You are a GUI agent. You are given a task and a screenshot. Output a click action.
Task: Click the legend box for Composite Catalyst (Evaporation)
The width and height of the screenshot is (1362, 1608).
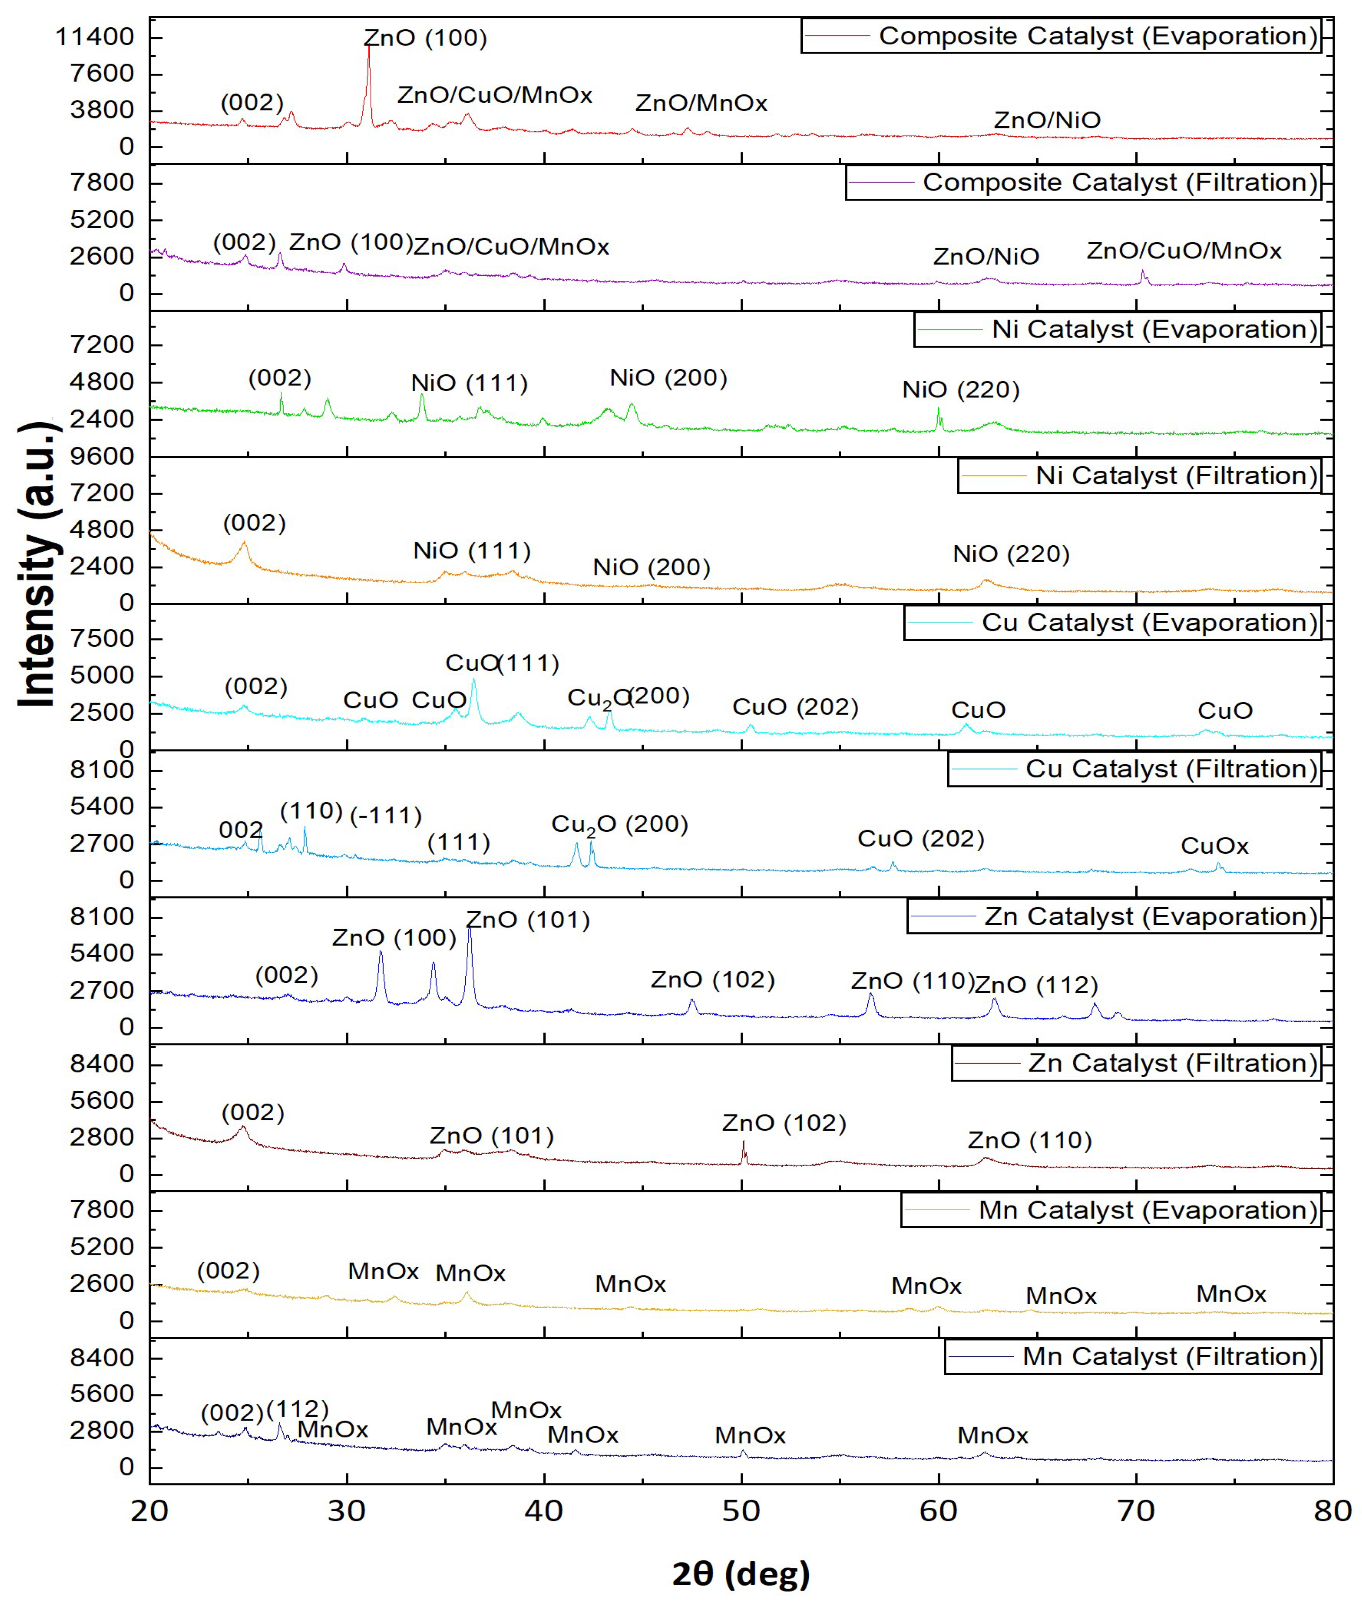point(1060,36)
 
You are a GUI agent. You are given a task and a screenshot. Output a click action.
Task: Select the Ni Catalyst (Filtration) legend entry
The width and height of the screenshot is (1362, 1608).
point(1140,476)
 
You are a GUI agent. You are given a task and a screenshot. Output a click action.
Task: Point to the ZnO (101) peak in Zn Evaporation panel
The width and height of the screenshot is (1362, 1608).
point(469,929)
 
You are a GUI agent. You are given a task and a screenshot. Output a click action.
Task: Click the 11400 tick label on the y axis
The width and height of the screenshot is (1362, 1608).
point(95,36)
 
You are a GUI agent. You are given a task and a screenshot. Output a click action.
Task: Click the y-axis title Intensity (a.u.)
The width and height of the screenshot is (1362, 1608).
point(37,563)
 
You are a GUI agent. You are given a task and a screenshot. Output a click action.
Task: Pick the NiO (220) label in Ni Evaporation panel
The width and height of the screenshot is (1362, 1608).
point(960,390)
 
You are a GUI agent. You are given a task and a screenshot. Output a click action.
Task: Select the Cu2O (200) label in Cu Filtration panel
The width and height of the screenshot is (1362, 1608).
point(619,824)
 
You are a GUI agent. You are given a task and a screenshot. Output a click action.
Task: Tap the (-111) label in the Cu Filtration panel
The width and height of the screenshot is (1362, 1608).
point(386,816)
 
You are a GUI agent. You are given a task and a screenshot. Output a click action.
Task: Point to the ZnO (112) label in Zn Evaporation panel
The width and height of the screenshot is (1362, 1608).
point(1035,985)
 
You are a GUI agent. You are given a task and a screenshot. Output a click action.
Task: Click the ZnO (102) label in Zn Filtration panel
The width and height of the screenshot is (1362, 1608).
point(784,1123)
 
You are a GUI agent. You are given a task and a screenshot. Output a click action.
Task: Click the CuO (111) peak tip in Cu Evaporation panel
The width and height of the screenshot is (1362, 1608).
point(473,679)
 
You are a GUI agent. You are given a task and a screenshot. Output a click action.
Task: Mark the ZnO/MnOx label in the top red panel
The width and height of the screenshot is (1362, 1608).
point(700,104)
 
